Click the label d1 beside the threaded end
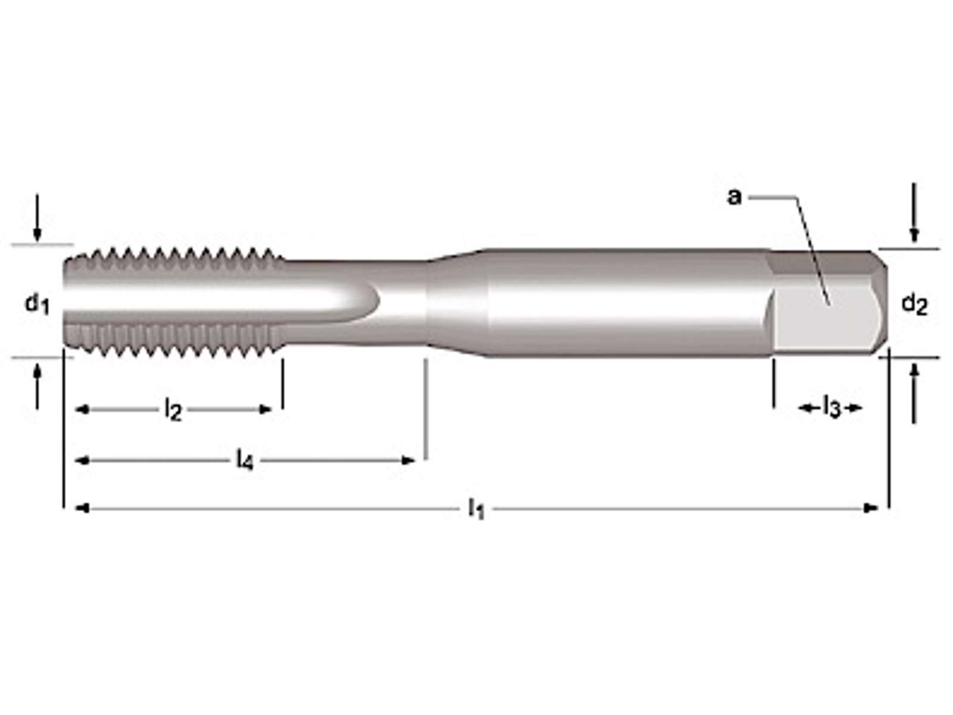click(x=37, y=304)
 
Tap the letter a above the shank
click(x=734, y=197)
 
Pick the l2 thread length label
click(x=173, y=411)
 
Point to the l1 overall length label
click(x=476, y=508)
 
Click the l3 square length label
click(x=832, y=409)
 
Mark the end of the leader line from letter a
click(x=829, y=304)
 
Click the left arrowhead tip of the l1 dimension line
click(x=76, y=508)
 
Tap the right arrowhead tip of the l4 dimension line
click(x=416, y=460)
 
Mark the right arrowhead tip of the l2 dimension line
click(x=272, y=409)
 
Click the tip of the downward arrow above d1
click(x=38, y=241)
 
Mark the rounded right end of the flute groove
click(x=379, y=300)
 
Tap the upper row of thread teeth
click(x=174, y=258)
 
